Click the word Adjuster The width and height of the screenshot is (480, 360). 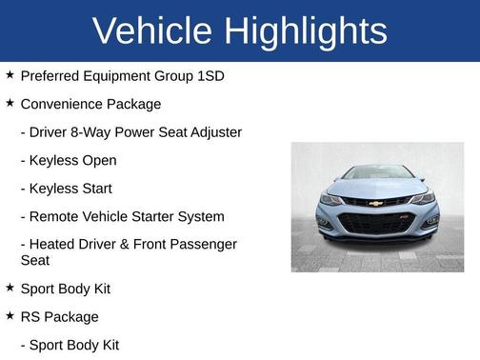click(215, 132)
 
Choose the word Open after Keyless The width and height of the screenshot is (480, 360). click(100, 161)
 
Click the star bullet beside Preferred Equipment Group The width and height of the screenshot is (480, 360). click(10, 74)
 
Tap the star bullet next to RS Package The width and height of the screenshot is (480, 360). click(10, 315)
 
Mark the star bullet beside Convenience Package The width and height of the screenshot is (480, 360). click(10, 103)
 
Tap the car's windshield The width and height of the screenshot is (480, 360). click(376, 173)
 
